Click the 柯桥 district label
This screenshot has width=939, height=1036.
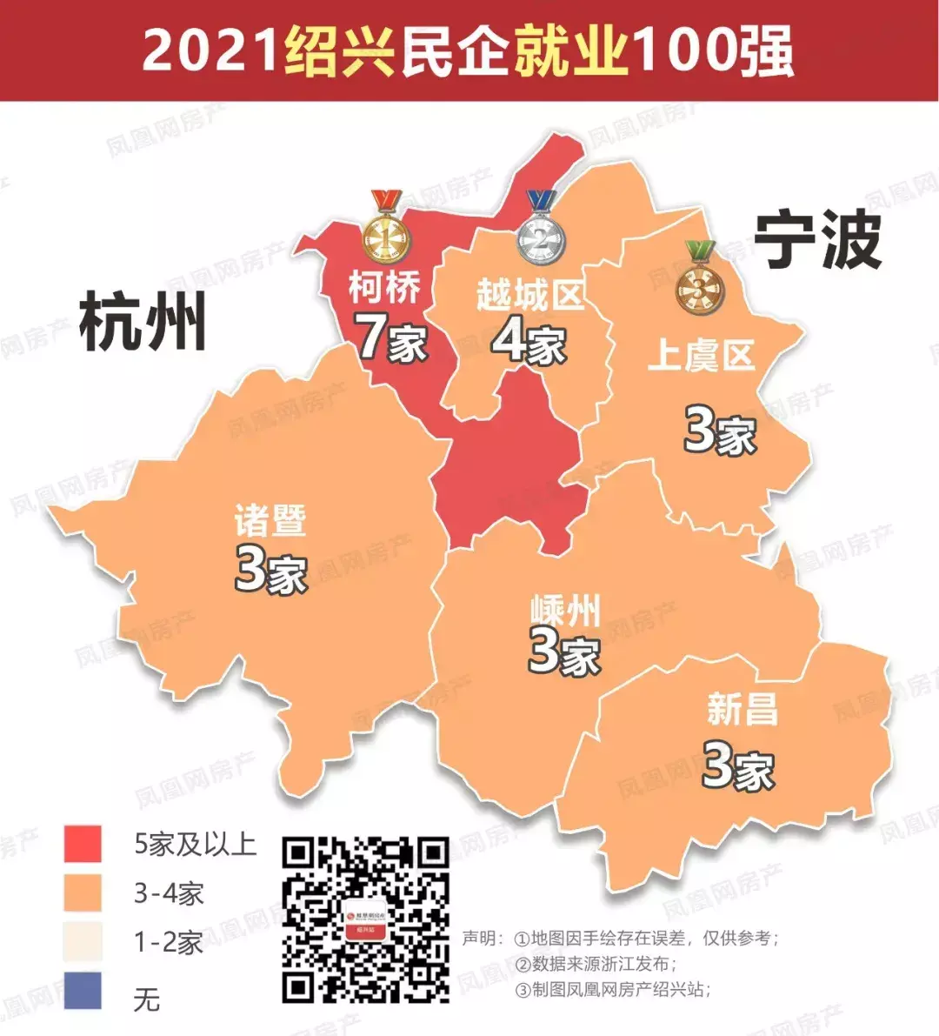tap(385, 287)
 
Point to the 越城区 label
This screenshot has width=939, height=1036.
tap(529, 296)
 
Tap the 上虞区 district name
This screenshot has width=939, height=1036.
tap(701, 355)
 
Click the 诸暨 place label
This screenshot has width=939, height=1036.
tap(270, 520)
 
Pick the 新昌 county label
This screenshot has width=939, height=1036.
tap(742, 709)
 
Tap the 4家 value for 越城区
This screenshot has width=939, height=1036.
tap(529, 340)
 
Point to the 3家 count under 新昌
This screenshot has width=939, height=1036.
tap(737, 765)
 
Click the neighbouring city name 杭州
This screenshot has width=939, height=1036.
tap(143, 322)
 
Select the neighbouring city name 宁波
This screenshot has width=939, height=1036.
tap(817, 241)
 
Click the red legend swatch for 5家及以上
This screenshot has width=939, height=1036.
tap(83, 844)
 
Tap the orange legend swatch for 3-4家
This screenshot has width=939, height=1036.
tap(83, 893)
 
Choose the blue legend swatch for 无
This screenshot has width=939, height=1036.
tap(83, 993)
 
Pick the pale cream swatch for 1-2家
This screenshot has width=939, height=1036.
tap(83, 943)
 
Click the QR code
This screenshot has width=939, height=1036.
tap(366, 919)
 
